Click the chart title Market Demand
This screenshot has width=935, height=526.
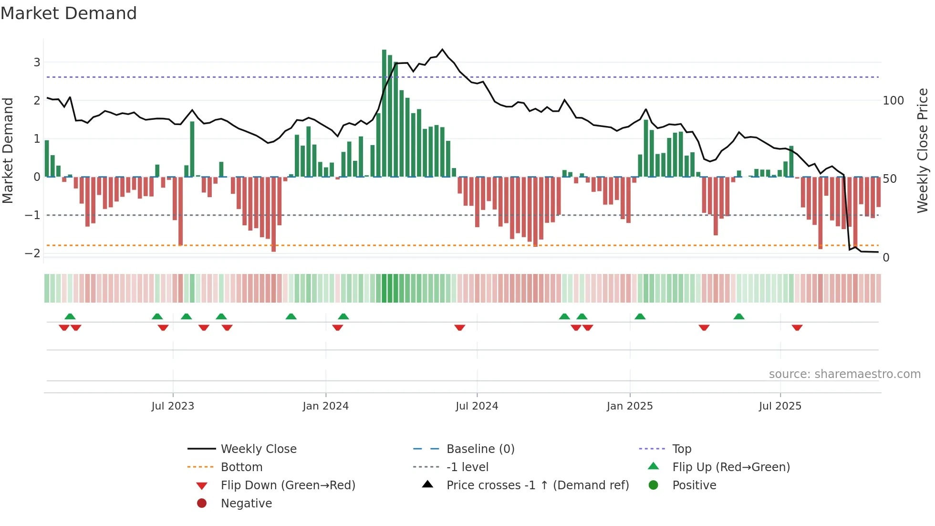pos(69,13)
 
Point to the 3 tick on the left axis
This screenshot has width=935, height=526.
pos(37,62)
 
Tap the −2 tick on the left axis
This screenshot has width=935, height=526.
pos(33,253)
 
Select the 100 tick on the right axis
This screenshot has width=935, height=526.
pos(893,101)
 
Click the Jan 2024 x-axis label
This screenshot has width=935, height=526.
pos(325,406)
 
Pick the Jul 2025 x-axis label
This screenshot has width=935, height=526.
pos(780,406)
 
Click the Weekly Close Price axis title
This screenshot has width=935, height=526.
pos(923,150)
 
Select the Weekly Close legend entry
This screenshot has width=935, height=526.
pos(258,449)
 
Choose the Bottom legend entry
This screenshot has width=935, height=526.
pos(241,467)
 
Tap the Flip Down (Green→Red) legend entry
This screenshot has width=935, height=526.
pos(288,485)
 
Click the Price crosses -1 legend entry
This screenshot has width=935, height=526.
pos(537,485)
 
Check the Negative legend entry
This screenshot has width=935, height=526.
pos(246,503)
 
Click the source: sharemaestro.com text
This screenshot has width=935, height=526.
pos(844,374)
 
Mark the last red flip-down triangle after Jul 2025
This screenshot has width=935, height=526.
pos(797,327)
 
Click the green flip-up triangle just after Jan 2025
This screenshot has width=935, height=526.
pos(640,316)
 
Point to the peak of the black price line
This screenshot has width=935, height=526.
pos(442,50)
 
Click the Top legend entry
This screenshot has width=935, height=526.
pos(681,449)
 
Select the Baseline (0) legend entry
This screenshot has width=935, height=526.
pos(480,449)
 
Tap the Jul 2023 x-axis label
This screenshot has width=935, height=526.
pos(173,406)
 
